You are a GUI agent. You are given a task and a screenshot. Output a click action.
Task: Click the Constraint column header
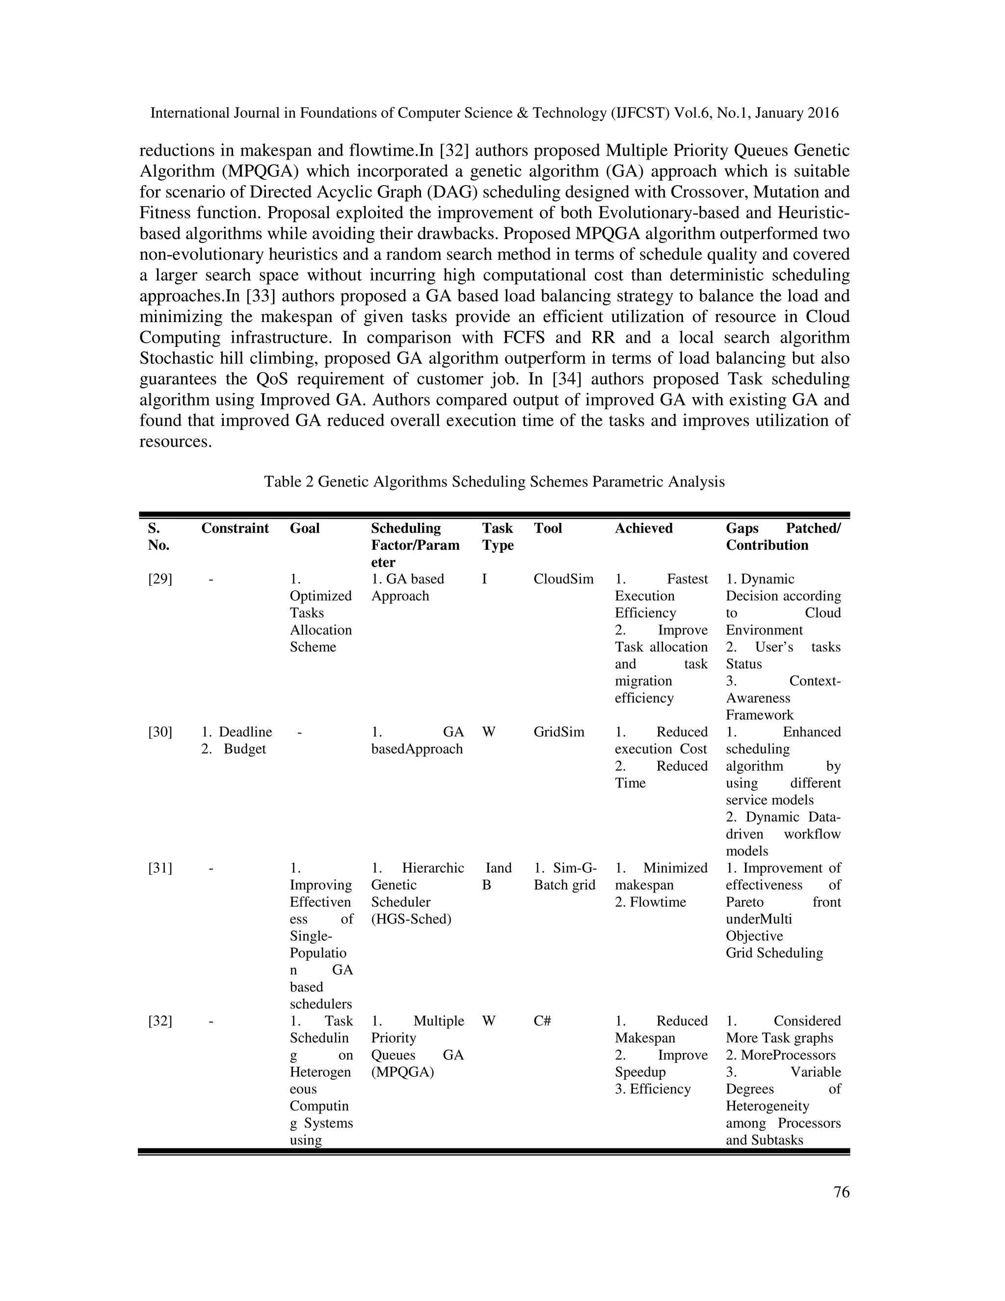click(x=235, y=528)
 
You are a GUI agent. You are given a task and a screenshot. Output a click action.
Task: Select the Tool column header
click(x=547, y=528)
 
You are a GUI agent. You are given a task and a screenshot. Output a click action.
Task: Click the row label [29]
click(x=160, y=579)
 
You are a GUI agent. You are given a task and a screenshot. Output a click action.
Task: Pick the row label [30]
click(x=160, y=732)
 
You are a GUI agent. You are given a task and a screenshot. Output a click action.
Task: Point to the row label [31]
click(x=160, y=868)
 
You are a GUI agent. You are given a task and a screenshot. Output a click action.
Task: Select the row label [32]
click(x=160, y=1021)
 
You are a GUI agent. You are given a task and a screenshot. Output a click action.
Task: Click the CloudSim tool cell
click(x=563, y=579)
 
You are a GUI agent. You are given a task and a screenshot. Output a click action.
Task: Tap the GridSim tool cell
click(x=558, y=732)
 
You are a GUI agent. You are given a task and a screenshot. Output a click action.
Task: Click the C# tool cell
click(x=542, y=1021)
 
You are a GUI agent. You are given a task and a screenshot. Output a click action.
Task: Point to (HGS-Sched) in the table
click(x=411, y=919)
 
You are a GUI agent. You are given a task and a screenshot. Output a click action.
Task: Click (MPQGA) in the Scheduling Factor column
click(x=402, y=1072)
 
